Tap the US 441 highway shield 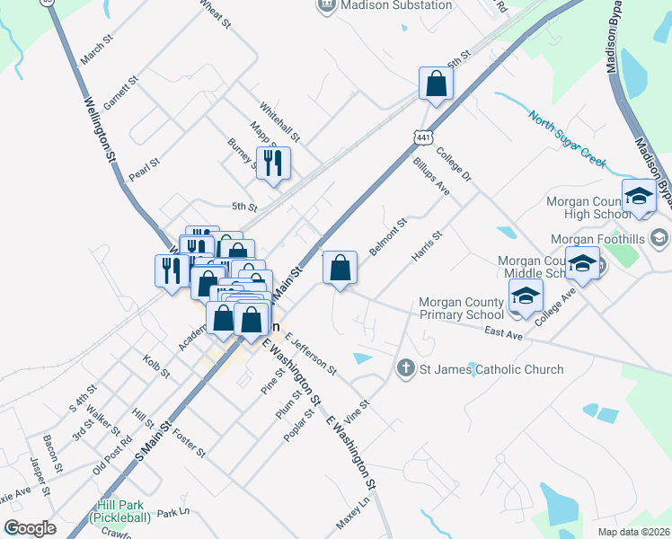(x=423, y=137)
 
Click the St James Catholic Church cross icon (x=405, y=368)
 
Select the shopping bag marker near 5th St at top (x=436, y=84)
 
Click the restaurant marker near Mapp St (x=273, y=163)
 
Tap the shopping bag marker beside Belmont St (x=340, y=268)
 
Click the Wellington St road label (x=101, y=130)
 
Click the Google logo (x=30, y=527)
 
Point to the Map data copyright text (x=633, y=532)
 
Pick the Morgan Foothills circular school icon (x=660, y=237)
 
